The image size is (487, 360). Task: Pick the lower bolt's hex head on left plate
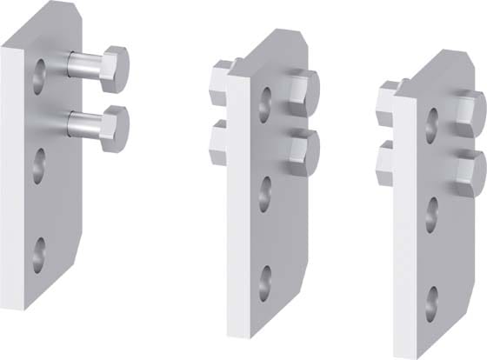[x=115, y=128]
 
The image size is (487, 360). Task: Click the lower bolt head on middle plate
[x=304, y=150]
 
